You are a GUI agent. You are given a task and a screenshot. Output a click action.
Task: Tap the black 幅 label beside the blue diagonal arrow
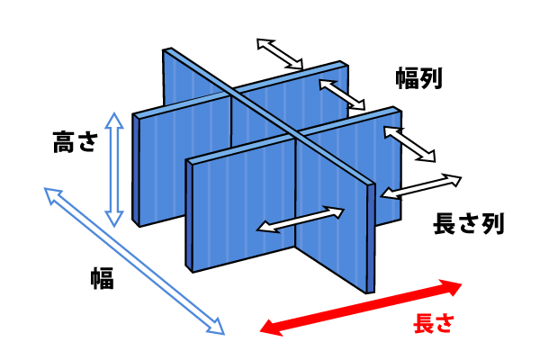coord(103,278)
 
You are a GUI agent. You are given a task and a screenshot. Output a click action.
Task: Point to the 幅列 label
coord(418,78)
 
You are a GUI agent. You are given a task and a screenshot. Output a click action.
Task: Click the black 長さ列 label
coord(469,223)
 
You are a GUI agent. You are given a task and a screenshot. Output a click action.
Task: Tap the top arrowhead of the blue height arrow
coord(114,120)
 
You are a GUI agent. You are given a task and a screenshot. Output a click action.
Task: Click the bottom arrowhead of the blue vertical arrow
coord(114,219)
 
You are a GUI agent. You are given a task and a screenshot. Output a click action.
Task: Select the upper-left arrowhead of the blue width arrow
coord(52,195)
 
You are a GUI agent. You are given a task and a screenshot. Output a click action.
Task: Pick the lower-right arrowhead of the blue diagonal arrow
coord(216,327)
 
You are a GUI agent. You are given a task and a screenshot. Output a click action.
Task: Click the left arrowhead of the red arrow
coord(271,328)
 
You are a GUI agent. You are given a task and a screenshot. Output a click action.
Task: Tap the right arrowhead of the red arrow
coord(451,287)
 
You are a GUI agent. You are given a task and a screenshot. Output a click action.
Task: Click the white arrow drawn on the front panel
coord(301,220)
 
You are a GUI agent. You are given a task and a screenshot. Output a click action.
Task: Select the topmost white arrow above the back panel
coord(280,54)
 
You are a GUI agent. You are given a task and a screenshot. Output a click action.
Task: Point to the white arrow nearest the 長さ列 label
coord(421,186)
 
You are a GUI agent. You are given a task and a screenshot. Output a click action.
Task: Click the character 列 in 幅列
coord(431,78)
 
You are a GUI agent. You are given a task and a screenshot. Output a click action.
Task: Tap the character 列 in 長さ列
coord(493,223)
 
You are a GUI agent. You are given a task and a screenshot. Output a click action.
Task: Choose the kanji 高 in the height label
coord(64,141)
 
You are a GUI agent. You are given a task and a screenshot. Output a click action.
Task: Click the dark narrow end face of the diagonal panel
coord(371,238)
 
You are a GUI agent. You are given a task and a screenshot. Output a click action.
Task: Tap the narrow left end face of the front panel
coord(188,215)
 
